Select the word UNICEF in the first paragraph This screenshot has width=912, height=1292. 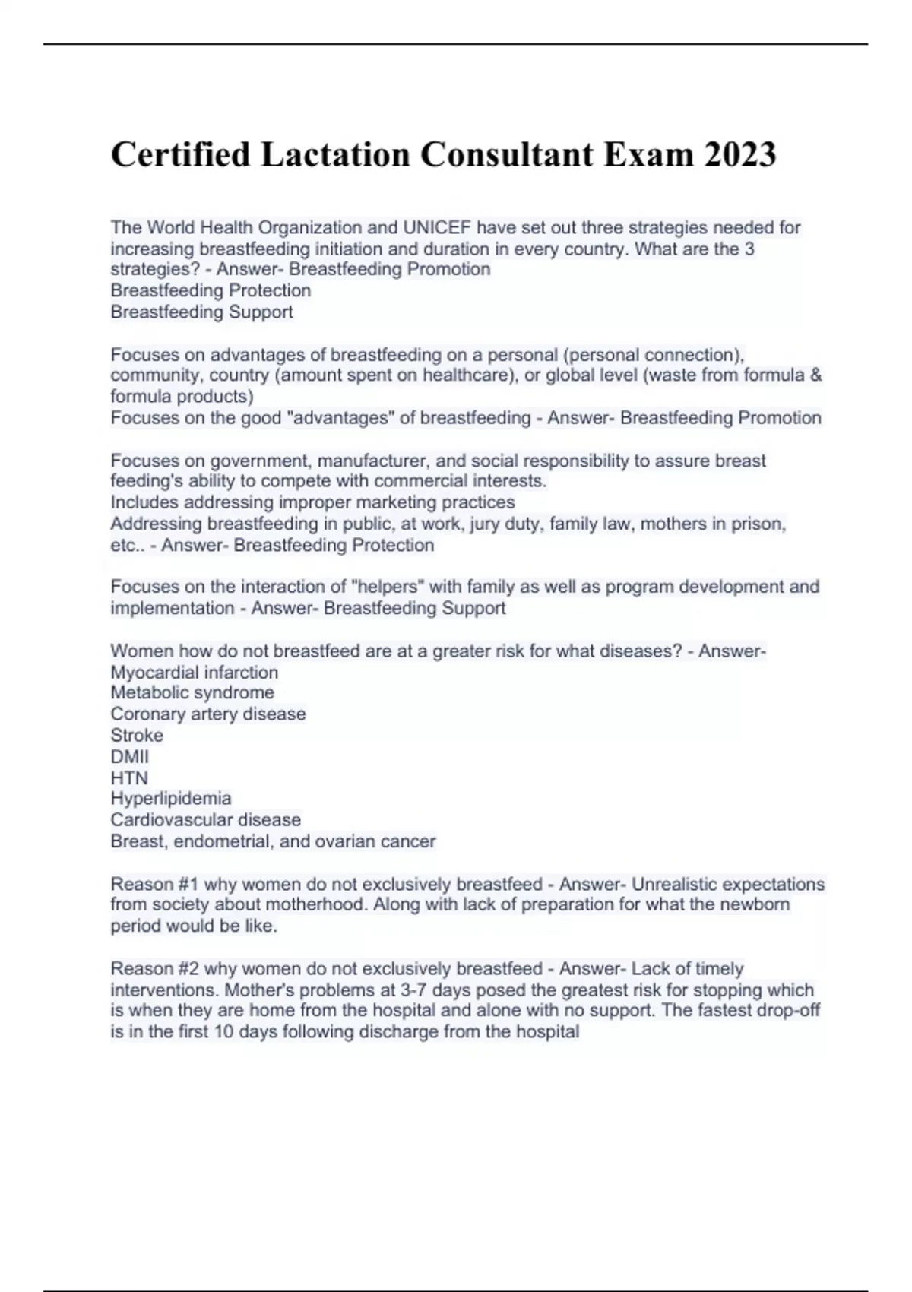point(437,227)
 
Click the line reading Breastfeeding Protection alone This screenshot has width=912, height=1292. point(211,290)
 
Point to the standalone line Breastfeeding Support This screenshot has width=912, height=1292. point(201,312)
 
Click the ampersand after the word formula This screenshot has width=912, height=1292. point(816,375)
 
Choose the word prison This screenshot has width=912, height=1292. point(762,524)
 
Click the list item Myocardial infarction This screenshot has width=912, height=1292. point(195,672)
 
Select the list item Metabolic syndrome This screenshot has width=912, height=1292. point(192,692)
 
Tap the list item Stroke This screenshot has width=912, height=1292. point(137,735)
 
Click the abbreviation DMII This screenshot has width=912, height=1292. point(130,756)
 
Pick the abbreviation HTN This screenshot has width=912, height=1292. point(129,777)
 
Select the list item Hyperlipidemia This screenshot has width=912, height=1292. point(171,798)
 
